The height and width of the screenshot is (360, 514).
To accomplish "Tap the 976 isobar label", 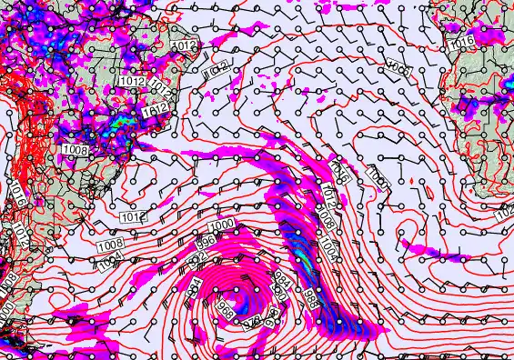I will click(x=257, y=318).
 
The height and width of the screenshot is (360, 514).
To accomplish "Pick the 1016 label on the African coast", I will click(x=462, y=43).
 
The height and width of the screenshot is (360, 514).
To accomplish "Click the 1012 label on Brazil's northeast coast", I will click(x=185, y=45).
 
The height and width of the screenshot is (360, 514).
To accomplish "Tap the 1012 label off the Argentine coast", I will click(x=134, y=217).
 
